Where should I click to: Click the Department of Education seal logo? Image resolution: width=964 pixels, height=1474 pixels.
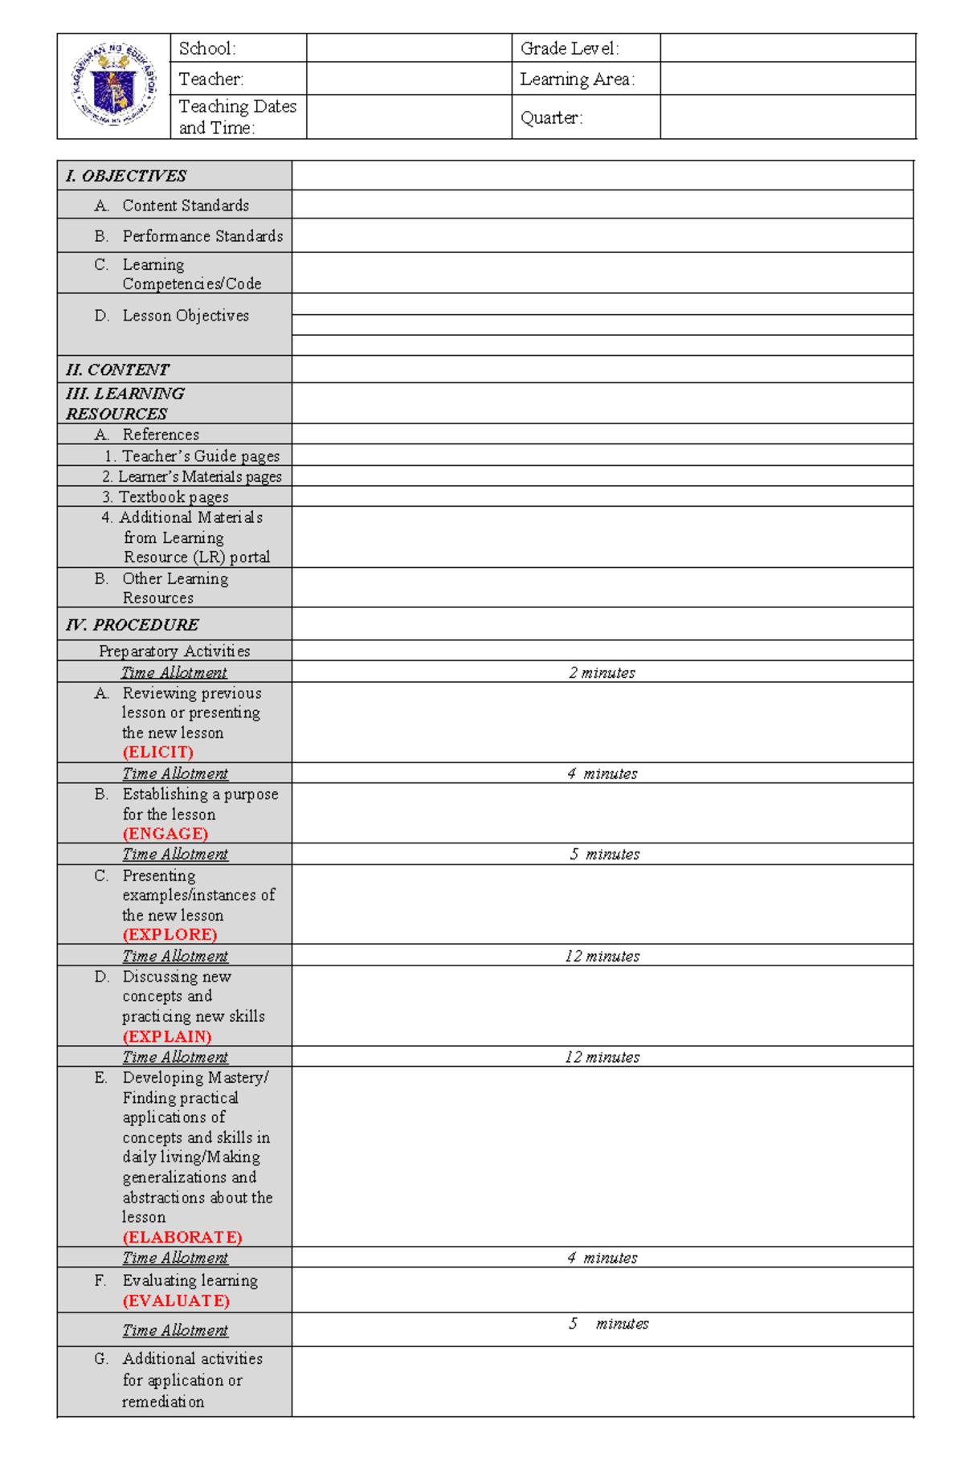coord(114,85)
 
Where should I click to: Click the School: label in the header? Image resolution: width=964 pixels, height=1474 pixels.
coord(207,48)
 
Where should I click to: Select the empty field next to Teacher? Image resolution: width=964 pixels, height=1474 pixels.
coord(409,79)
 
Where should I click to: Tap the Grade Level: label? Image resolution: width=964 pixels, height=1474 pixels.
coord(570,48)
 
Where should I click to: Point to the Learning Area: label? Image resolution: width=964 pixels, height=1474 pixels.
coord(577,79)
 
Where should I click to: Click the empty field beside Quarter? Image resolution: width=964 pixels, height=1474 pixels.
coord(787,117)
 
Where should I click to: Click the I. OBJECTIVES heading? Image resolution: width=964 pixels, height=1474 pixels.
coord(126,176)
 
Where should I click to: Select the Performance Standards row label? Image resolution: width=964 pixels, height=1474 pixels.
coord(202,236)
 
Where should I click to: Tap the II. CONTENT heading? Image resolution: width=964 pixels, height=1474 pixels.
coord(117,370)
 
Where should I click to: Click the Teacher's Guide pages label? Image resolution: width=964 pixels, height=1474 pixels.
coord(200,455)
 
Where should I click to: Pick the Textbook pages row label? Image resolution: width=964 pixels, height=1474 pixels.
coord(174,496)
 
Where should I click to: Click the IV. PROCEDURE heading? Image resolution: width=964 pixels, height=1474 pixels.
coord(133,624)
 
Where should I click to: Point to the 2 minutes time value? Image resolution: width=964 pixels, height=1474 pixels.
coord(602,672)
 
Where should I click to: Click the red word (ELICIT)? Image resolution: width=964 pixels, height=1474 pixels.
coord(157,752)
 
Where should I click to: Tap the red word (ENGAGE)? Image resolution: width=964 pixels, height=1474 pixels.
coord(165,833)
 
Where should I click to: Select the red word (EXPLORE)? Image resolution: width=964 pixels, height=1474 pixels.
coord(170,934)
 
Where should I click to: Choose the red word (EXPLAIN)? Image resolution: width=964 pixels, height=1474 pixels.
coord(167,1036)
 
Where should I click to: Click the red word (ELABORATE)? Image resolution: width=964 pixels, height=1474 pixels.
coord(182,1237)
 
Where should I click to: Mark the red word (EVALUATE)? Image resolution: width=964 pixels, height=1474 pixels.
coord(176,1300)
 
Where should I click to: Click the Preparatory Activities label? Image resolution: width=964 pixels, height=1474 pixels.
coord(174,651)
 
